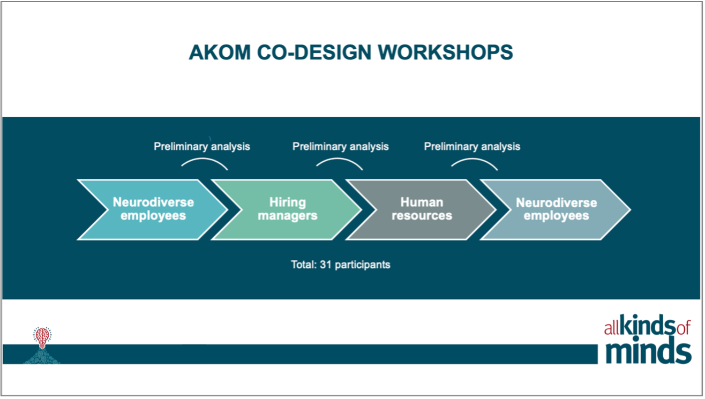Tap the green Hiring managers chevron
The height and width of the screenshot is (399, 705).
click(288, 209)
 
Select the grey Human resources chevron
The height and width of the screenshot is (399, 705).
click(422, 209)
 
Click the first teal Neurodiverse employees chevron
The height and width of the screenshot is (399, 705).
click(153, 209)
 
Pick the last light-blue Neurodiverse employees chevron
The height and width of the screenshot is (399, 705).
click(556, 209)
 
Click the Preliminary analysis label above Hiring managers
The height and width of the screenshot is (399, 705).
click(340, 146)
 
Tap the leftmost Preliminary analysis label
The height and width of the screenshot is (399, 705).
click(202, 146)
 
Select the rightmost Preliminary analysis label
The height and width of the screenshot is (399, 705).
click(472, 146)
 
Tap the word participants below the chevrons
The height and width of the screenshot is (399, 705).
click(363, 265)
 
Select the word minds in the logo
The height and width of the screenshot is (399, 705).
click(648, 351)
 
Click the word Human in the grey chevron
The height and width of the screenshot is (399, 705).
click(422, 202)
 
